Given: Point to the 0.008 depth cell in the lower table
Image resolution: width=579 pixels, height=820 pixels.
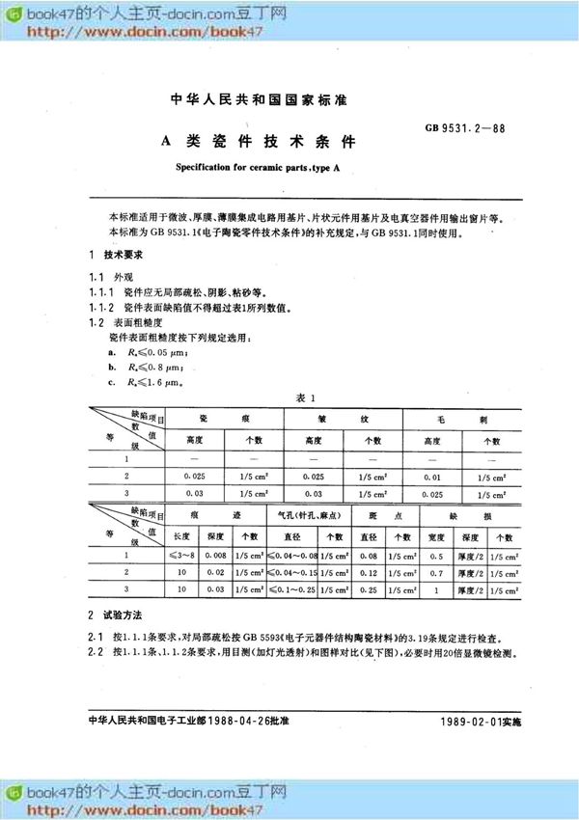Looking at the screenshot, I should pos(218,556).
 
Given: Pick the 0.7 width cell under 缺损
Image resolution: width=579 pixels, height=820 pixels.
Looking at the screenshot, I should pos(437,571).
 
